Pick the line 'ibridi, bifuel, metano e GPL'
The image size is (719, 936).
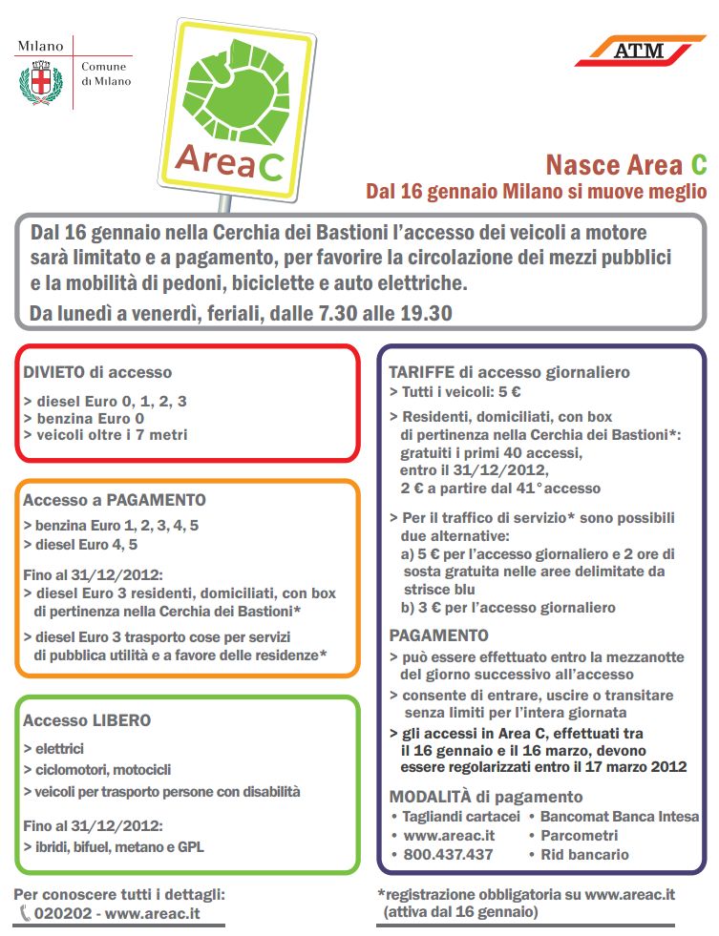click(118, 845)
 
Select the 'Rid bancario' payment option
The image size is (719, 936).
click(584, 854)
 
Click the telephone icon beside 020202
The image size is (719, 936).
click(24, 913)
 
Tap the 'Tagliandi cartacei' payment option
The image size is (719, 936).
click(461, 816)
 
